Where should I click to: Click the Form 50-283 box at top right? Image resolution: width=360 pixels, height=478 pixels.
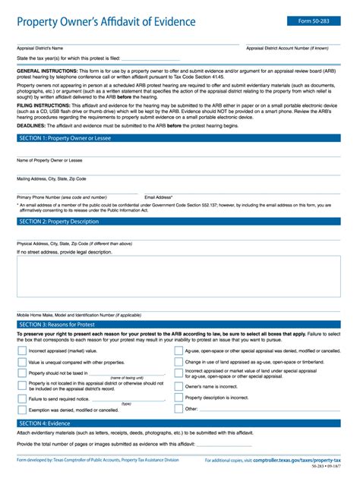pyautogui.click(x=314, y=21)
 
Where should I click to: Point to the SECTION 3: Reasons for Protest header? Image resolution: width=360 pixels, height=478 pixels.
pyautogui.click(x=57, y=324)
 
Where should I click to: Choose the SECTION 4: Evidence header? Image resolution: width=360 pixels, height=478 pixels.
pyautogui.click(x=45, y=423)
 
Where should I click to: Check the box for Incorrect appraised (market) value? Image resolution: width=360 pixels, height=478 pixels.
pyautogui.click(x=21, y=351)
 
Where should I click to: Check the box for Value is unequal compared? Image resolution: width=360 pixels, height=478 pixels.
pyautogui.click(x=21, y=363)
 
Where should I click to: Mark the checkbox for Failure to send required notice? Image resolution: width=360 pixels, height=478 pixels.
pyautogui.click(x=21, y=398)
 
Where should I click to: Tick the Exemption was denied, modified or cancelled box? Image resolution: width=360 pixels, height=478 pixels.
pyautogui.click(x=21, y=410)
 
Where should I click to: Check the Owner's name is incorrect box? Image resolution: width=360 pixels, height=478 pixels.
pyautogui.click(x=178, y=386)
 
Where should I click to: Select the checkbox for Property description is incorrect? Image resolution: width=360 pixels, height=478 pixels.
pyautogui.click(x=178, y=398)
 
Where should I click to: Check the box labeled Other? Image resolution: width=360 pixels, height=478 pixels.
pyautogui.click(x=178, y=409)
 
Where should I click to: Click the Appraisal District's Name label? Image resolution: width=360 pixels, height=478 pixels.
pyautogui.click(x=39, y=47)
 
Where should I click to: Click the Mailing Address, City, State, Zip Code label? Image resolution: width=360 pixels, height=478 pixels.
pyautogui.click(x=51, y=178)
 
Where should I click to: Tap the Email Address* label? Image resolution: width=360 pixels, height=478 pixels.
pyautogui.click(x=159, y=197)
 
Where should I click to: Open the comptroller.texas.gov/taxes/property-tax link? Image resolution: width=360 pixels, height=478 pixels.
pyautogui.click(x=297, y=461)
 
